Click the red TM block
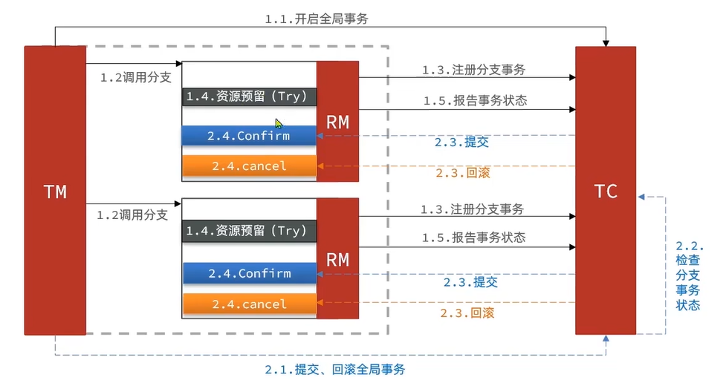click(55, 192)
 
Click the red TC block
click(606, 191)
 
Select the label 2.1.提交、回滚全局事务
click(335, 369)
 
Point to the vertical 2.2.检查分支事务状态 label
click(689, 275)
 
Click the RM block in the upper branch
click(337, 122)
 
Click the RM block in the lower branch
click(337, 259)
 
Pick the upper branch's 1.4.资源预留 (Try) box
click(250, 97)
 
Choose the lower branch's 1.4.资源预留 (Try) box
click(250, 231)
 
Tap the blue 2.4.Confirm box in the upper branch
click(250, 136)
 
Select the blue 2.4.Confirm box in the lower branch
click(250, 273)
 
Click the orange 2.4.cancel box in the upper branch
click(250, 166)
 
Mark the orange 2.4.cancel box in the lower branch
click(250, 304)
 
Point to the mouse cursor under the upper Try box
click(279, 124)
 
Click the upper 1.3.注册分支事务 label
click(473, 71)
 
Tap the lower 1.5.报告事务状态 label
click(473, 238)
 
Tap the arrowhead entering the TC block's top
click(606, 42)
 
